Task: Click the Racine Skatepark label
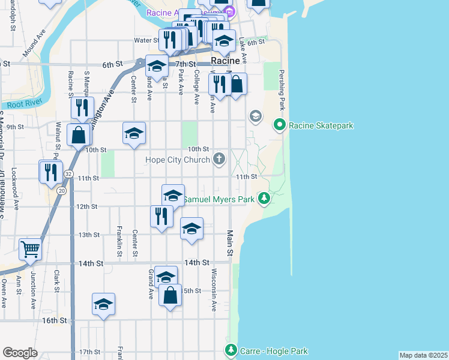click(321, 125)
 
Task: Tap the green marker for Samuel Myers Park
click(264, 198)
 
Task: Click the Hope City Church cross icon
click(219, 159)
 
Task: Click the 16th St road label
click(55, 320)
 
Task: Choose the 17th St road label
click(89, 352)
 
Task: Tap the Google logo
click(20, 353)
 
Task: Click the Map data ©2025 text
click(423, 355)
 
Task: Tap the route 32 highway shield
click(70, 173)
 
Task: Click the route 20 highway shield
click(62, 190)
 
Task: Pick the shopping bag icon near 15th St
click(170, 295)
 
